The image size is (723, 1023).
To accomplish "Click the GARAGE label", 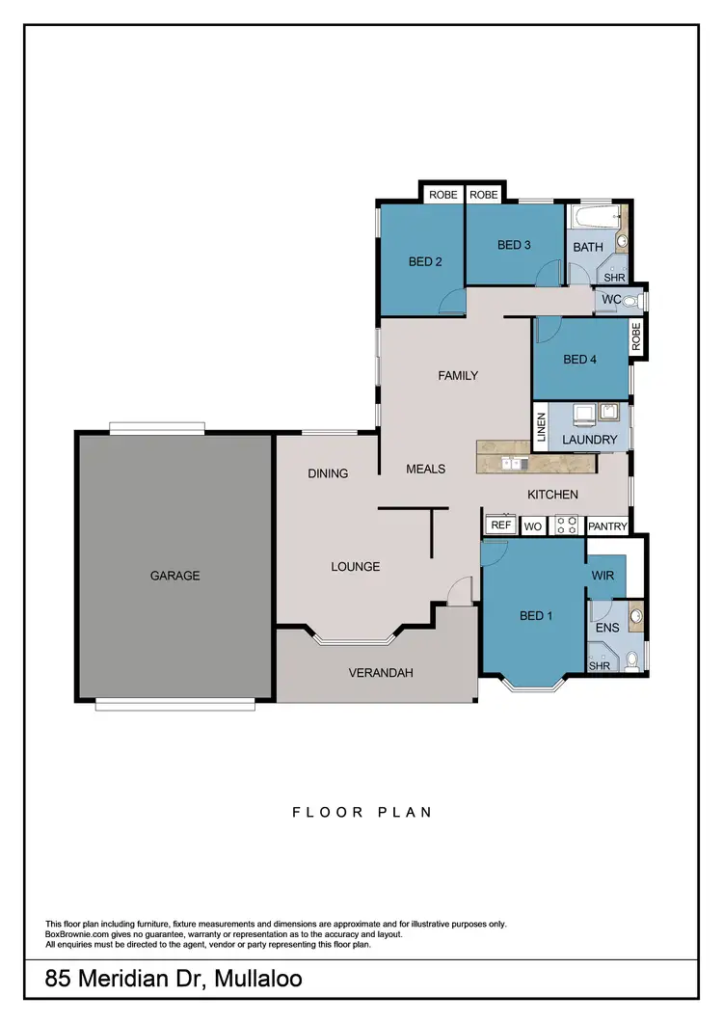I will (174, 576).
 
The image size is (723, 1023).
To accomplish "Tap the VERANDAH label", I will (381, 672).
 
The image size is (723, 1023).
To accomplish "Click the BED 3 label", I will (514, 245).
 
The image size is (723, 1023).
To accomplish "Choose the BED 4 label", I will (580, 360).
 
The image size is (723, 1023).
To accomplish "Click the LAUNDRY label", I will (589, 440).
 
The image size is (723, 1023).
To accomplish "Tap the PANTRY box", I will (607, 526).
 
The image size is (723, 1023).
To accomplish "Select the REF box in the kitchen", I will (499, 525).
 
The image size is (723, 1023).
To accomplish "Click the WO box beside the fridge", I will (533, 526).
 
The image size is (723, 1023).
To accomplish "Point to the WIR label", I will (603, 577).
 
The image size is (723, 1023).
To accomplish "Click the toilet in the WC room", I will (631, 301).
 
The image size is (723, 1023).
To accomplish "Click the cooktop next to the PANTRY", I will (566, 525).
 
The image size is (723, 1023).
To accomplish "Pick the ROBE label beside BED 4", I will (636, 336).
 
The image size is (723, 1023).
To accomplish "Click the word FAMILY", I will (458, 375).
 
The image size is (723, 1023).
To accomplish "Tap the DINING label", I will (328, 473).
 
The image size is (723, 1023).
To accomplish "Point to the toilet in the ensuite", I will (631, 660).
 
